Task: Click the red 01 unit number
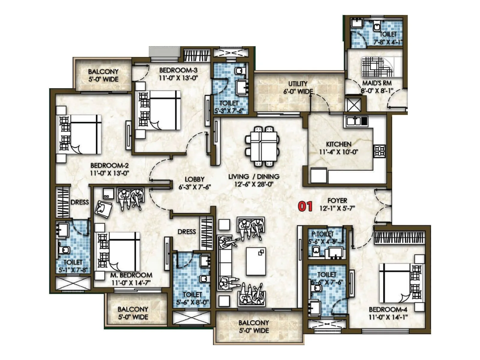click(305, 206)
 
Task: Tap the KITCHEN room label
click(338, 144)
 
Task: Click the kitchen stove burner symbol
click(379, 151)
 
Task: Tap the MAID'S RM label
click(377, 83)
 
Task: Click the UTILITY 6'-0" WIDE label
click(298, 87)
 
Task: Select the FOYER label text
click(337, 200)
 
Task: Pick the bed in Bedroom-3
click(159, 110)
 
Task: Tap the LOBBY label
click(194, 179)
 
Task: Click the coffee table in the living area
click(256, 261)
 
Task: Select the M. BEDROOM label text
click(131, 275)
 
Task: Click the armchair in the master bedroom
click(103, 208)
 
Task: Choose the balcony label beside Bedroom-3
click(103, 75)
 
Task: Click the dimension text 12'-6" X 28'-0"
click(253, 184)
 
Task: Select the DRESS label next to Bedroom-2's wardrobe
click(79, 202)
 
